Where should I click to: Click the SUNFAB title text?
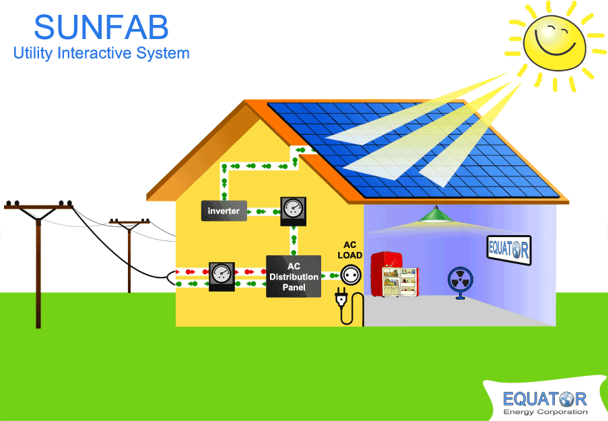click(101, 28)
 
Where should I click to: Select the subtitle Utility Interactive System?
click(101, 53)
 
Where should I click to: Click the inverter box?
click(224, 211)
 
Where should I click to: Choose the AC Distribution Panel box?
click(294, 276)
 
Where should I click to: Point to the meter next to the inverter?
click(293, 210)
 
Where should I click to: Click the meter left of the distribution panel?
click(222, 275)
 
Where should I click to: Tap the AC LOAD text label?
click(349, 250)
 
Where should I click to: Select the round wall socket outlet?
click(349, 274)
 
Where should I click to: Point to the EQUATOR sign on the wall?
click(508, 249)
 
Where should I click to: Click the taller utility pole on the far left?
click(38, 263)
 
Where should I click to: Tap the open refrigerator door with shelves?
click(400, 281)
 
